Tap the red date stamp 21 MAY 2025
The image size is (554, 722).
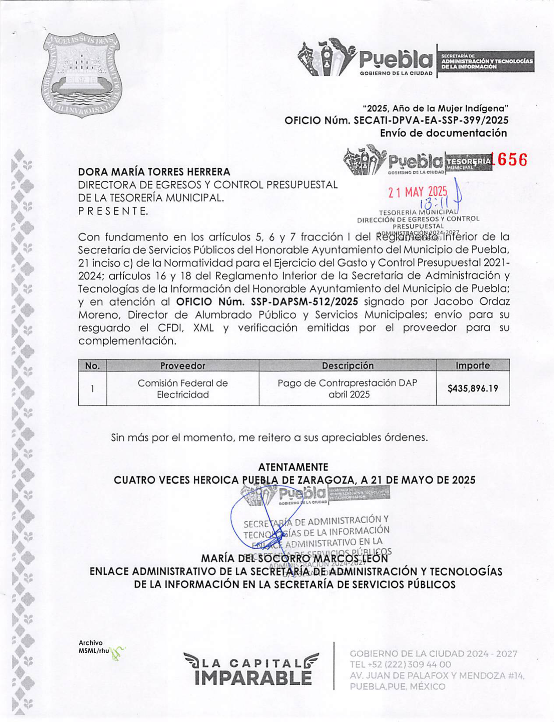418,192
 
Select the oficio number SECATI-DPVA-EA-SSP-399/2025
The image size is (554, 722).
431,120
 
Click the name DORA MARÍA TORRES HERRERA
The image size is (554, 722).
154,172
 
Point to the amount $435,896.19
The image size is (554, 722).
473,388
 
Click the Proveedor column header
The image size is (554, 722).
182,366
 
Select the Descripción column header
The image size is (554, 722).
347,366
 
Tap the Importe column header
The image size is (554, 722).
473,365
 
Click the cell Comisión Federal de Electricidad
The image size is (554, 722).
182,389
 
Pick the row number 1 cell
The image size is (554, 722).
92,388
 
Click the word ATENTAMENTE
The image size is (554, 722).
293,467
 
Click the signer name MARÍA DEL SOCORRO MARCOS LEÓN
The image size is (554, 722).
295,559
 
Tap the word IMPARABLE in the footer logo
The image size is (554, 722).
253,678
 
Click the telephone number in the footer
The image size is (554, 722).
400,665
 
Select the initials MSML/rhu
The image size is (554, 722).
94,651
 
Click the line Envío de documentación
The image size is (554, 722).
443,133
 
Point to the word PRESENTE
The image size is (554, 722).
113,211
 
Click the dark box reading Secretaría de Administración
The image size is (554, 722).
486,62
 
